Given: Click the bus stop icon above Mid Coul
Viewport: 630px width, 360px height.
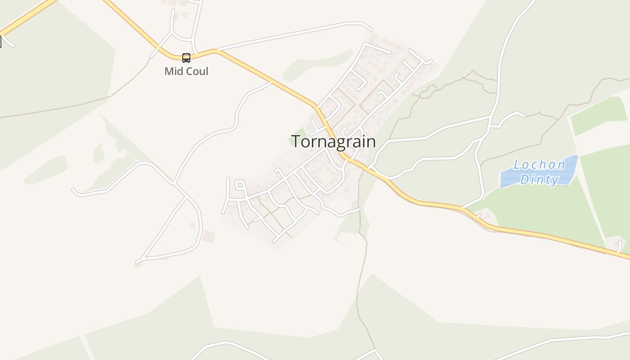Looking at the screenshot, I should coord(186,58).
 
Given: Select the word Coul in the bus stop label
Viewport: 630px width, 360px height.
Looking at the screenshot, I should coord(197,71).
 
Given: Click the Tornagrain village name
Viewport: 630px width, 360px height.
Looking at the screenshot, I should coord(333,141).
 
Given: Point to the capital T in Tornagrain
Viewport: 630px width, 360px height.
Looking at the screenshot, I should coord(296,141).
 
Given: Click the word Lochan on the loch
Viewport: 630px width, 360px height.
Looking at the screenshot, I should coord(539,165).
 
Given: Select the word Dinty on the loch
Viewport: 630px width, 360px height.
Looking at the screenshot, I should coord(539,180).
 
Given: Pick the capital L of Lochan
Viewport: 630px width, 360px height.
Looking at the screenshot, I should coord(517,165).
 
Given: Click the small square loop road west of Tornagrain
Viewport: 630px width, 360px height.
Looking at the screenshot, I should coord(240,184).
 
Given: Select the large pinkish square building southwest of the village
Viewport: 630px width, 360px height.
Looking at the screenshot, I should coord(208,236).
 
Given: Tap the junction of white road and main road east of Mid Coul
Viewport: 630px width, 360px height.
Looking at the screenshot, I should coord(217,50).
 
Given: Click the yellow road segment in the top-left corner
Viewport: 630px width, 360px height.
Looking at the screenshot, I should coord(27,17).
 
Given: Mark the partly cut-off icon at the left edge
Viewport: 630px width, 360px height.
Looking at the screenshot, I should coord(0,42).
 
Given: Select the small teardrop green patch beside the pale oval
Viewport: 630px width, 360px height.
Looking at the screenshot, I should coord(98,153).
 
